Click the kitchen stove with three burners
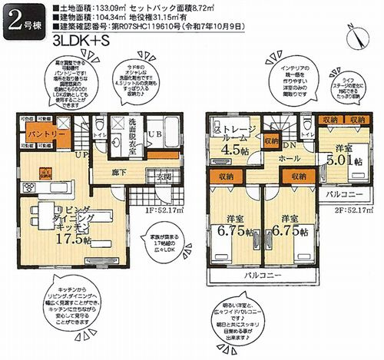(x=44, y=173)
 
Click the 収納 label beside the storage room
(x=270, y=140)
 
